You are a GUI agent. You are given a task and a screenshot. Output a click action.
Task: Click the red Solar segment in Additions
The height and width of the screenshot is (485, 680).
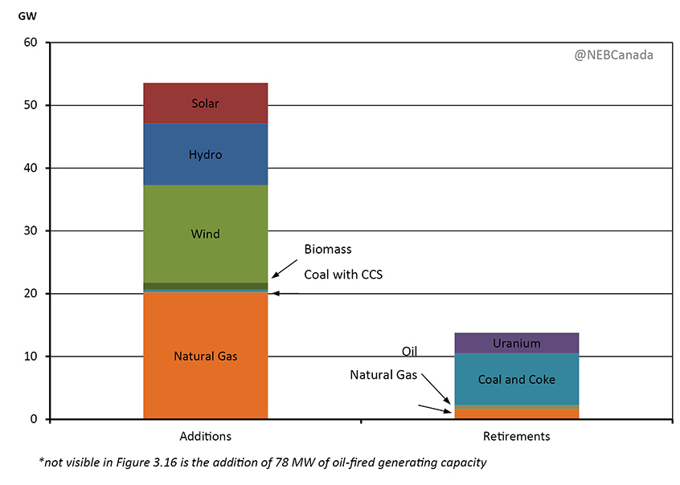coord(205,103)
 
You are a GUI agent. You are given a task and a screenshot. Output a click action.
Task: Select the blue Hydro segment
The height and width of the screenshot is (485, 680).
coord(205,154)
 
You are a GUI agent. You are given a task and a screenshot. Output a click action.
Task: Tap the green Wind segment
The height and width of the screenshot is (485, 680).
coord(205,234)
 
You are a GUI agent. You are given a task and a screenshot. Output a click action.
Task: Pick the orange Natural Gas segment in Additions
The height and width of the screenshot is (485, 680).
coord(205,355)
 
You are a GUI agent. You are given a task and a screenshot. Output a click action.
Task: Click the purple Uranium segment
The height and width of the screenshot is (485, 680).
coord(516,343)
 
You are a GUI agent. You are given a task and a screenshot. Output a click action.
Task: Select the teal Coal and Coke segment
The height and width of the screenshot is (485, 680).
coord(516,379)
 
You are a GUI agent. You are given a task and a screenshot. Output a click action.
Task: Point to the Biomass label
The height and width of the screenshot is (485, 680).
coord(327,250)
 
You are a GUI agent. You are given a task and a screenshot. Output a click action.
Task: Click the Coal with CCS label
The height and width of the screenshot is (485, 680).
coord(343,275)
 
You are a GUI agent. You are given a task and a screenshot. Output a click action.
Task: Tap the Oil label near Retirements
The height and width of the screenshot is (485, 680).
coord(409,352)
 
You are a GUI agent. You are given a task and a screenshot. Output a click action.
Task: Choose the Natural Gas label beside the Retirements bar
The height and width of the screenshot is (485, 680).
coord(383,375)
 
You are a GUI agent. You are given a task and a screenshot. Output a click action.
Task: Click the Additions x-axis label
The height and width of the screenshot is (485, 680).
coord(205,437)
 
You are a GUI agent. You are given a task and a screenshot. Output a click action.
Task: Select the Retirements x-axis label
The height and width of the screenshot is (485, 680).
coord(516,437)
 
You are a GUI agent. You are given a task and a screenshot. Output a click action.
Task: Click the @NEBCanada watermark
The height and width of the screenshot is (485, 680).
coord(614,55)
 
